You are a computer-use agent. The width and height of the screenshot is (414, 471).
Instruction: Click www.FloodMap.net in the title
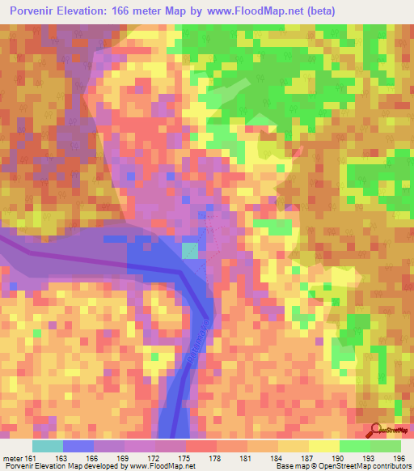click(x=246, y=11)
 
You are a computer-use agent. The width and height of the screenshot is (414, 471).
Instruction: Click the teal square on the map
click(x=189, y=251)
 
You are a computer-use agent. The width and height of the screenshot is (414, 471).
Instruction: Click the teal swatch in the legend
click(x=48, y=446)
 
